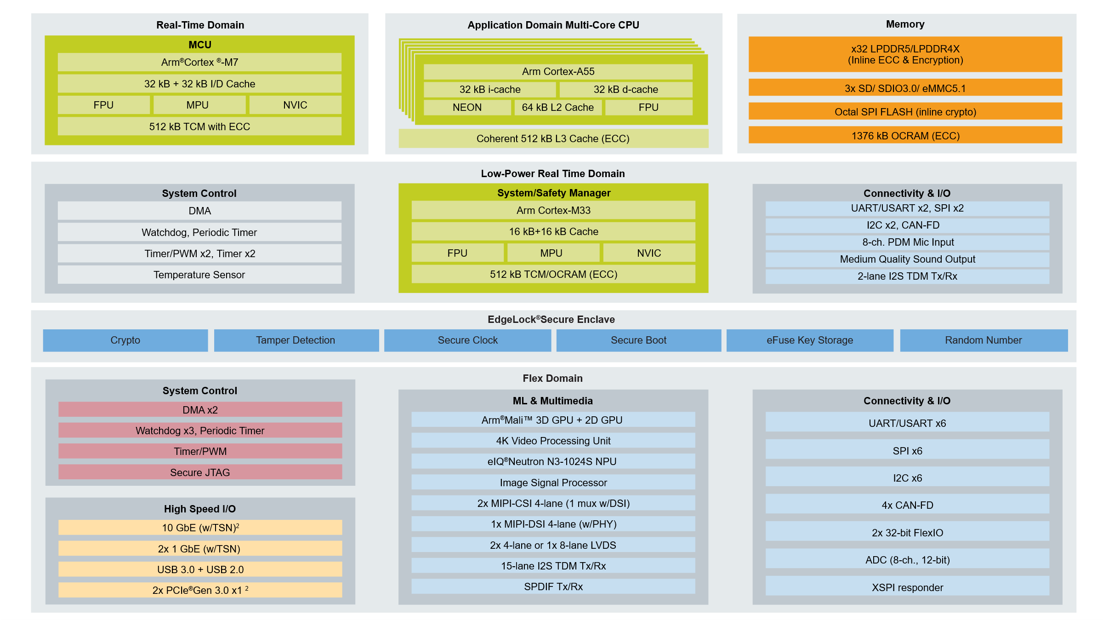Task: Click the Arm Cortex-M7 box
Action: click(x=199, y=62)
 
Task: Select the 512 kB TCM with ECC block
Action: click(x=199, y=126)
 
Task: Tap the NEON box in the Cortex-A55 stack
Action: click(x=467, y=107)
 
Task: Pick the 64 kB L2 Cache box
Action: click(x=557, y=107)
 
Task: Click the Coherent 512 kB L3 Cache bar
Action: click(x=553, y=138)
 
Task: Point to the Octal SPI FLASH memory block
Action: click(x=905, y=112)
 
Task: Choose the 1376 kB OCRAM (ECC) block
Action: click(x=905, y=136)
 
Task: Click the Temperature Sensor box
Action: click(x=199, y=275)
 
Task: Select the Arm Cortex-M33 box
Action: click(x=553, y=210)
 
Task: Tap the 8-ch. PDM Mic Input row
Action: click(x=908, y=242)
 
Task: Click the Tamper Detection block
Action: click(x=296, y=340)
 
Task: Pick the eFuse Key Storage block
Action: click(x=810, y=340)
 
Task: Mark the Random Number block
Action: click(x=984, y=340)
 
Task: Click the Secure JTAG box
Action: click(x=200, y=472)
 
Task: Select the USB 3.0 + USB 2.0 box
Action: click(x=200, y=569)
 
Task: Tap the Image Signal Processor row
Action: click(x=553, y=483)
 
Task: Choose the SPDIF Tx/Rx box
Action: click(x=553, y=586)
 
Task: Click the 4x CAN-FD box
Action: click(x=908, y=505)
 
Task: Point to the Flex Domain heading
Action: click(x=552, y=378)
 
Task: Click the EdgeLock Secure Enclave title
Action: click(x=551, y=319)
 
